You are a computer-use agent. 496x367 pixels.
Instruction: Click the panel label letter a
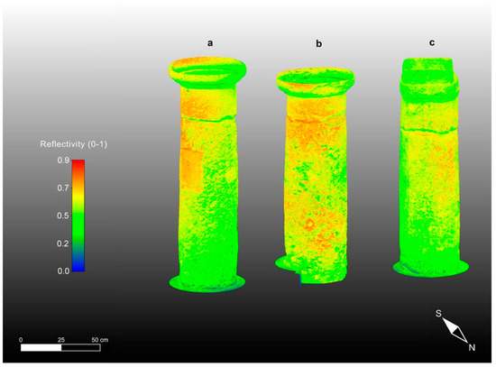click(210, 43)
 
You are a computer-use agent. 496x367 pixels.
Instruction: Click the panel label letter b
click(319, 43)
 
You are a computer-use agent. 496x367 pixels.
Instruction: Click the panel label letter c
click(432, 42)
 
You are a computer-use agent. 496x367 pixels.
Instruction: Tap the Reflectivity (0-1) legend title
click(73, 144)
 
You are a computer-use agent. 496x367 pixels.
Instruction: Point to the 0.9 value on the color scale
click(63, 161)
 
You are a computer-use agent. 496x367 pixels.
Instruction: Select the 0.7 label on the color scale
click(63, 188)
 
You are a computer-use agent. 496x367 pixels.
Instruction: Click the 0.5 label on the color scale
click(63, 216)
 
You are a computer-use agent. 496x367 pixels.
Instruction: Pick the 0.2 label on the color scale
click(63, 243)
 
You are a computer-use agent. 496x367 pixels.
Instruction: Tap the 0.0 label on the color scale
click(63, 271)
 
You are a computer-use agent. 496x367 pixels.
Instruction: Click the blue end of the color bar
click(78, 267)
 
